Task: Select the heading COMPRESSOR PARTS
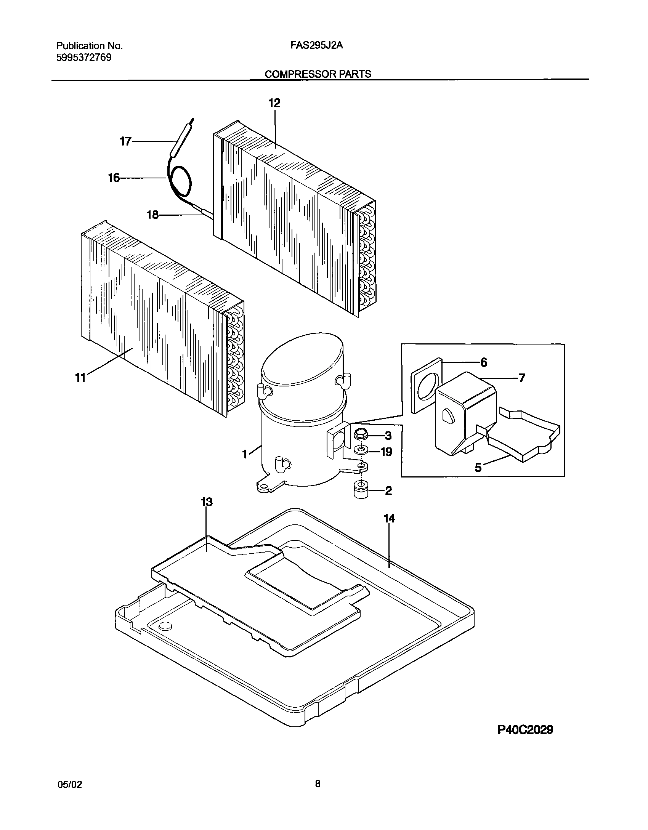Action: (x=318, y=74)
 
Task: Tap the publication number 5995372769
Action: (x=84, y=58)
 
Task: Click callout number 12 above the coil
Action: (x=274, y=103)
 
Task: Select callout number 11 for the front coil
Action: (x=80, y=378)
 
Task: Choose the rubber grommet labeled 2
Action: (x=360, y=490)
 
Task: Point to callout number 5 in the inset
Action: (x=478, y=468)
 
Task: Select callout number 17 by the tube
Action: (x=125, y=142)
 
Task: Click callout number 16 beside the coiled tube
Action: (x=114, y=178)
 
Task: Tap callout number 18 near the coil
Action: (x=152, y=215)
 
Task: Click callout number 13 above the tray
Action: (x=206, y=502)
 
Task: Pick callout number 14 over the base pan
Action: (x=389, y=519)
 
